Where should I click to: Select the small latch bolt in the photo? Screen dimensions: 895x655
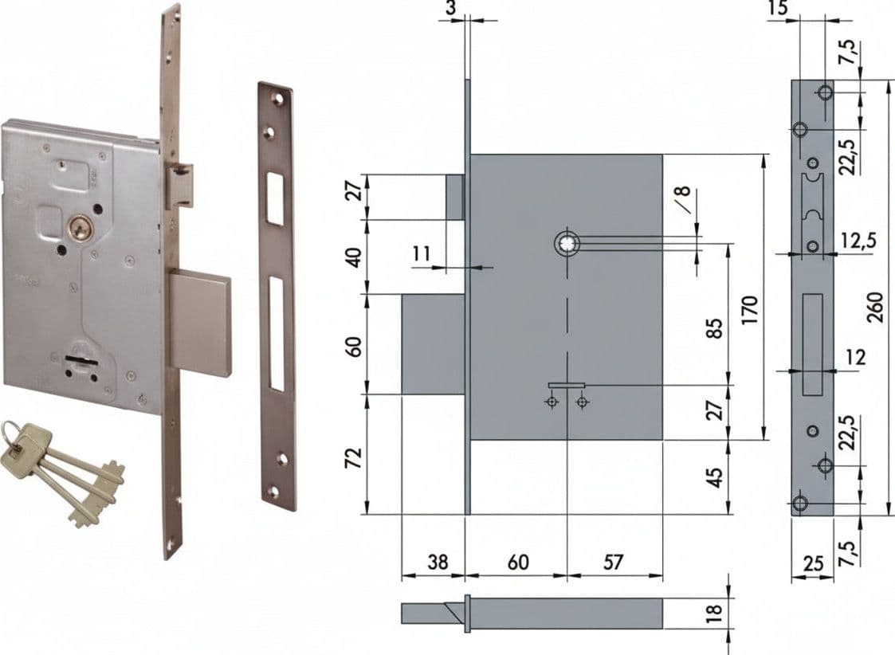pos(179,185)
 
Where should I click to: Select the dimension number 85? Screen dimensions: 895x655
pos(715,328)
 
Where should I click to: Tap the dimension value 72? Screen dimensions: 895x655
pos(355,458)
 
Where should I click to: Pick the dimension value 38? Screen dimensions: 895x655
pos(438,562)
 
